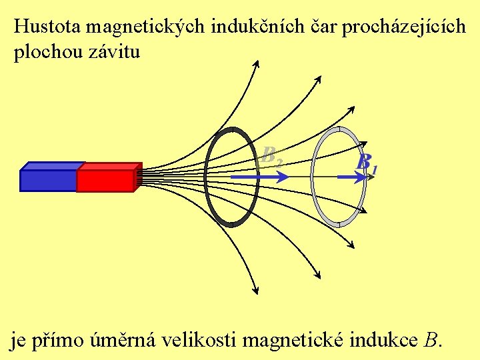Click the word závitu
(114, 52)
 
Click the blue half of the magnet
(48, 180)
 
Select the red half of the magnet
(105, 180)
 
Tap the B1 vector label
(366, 162)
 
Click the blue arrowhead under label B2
(283, 177)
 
